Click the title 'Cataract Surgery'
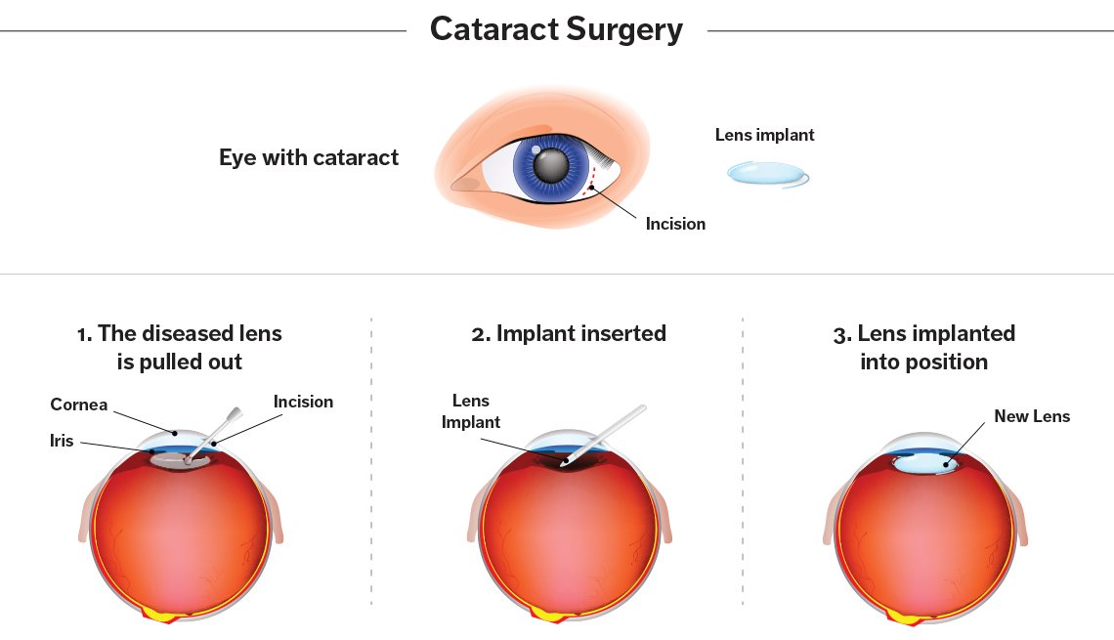556,29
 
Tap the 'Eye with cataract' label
309,157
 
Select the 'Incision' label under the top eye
675,224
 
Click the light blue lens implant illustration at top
768,174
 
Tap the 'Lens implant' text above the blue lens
764,135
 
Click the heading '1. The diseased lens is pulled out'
180,347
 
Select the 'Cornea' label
80,405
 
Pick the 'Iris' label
63,442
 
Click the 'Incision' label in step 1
303,402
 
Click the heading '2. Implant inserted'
569,333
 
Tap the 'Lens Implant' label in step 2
471,411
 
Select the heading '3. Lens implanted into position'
923,347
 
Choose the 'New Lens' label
1032,416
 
